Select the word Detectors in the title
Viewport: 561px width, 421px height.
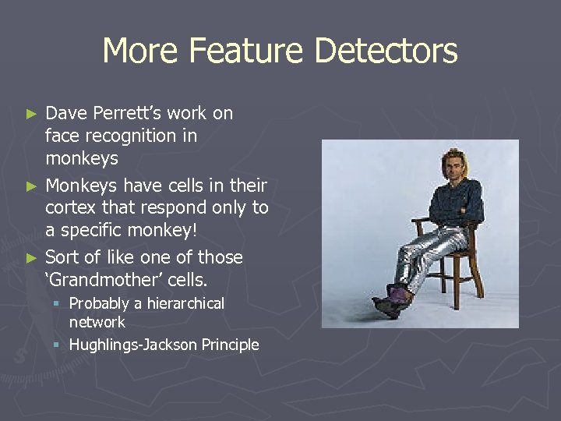[x=386, y=51]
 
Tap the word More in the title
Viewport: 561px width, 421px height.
[x=139, y=51]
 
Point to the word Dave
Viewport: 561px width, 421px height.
[x=66, y=113]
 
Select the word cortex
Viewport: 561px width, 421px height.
[x=70, y=208]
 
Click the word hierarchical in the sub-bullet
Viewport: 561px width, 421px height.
[x=175, y=303]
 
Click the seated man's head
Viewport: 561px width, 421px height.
[x=451, y=164]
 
